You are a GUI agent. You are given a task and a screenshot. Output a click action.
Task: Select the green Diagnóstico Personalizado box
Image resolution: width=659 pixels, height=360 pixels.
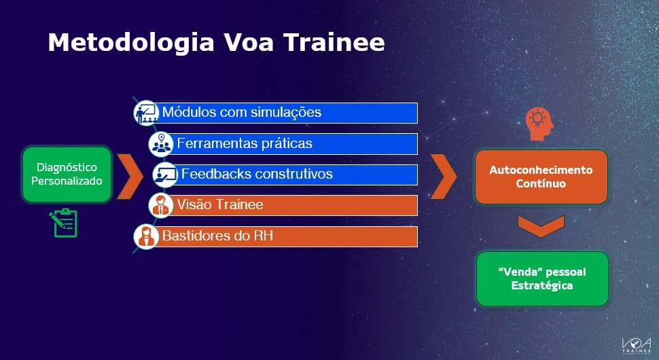67,174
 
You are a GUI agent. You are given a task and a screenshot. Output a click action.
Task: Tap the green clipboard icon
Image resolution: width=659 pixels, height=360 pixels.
65,223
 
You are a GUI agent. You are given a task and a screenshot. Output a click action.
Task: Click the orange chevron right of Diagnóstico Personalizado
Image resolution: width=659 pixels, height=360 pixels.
129,176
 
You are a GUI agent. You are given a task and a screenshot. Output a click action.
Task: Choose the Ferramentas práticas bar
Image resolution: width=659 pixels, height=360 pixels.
292,143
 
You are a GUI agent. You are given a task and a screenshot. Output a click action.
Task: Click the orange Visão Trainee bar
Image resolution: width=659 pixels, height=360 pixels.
292,204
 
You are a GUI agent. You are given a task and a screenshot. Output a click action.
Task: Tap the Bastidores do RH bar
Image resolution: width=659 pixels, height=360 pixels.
285,236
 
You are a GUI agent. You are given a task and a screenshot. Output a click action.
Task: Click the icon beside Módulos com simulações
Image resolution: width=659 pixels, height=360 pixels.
145,112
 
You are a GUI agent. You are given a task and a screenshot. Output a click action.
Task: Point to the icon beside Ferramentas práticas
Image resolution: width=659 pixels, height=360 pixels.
161,143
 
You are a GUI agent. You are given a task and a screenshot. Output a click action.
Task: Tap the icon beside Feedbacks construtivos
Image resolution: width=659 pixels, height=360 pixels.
164,175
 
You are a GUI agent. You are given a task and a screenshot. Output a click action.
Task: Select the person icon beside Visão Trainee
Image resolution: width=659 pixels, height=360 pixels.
161,204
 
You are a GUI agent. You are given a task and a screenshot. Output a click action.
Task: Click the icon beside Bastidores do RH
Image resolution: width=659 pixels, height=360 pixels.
145,236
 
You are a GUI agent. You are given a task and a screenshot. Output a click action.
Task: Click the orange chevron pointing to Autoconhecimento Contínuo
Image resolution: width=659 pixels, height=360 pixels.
444,176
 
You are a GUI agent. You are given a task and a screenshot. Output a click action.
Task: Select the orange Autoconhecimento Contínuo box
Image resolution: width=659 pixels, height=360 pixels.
541,177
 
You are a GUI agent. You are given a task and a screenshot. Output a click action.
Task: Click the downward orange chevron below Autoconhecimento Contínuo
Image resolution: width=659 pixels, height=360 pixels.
541,226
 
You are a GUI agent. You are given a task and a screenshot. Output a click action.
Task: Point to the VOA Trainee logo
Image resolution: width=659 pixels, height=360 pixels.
636,344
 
